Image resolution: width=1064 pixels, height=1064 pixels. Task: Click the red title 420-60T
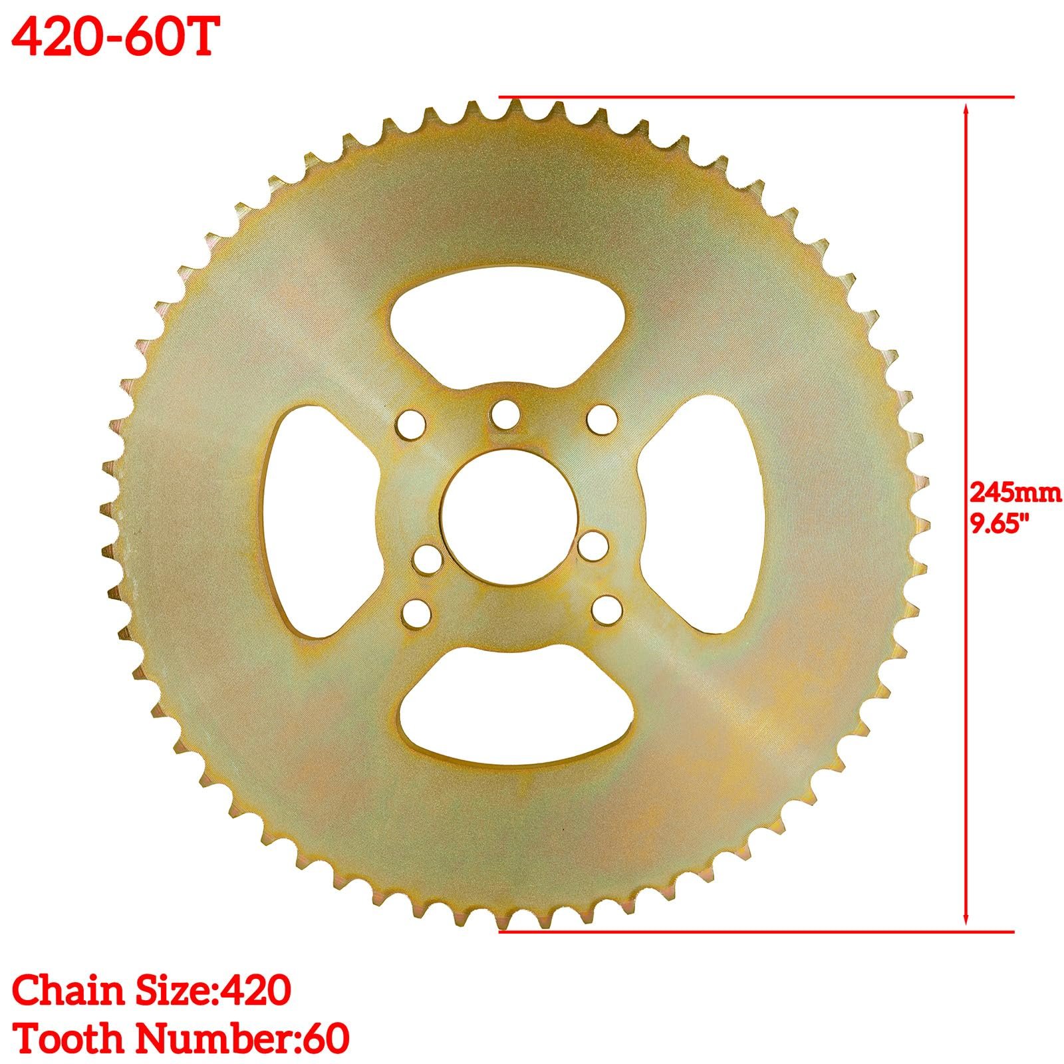point(114,39)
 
